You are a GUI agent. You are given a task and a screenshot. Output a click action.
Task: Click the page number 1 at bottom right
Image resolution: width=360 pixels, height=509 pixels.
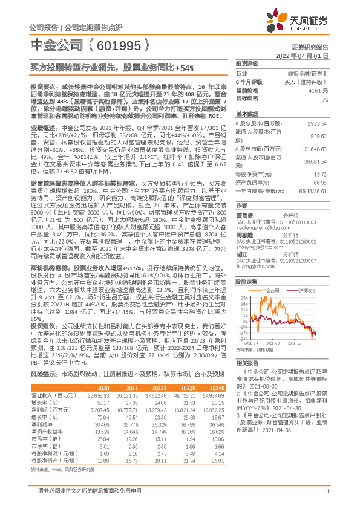tap(327, 498)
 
